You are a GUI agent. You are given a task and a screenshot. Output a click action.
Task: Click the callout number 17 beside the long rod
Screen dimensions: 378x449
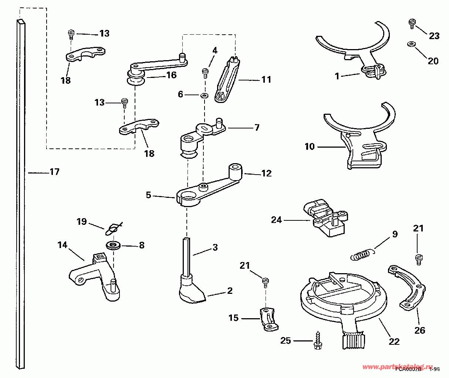[54, 172]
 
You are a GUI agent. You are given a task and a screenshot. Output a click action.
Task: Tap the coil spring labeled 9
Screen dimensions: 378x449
[360, 255]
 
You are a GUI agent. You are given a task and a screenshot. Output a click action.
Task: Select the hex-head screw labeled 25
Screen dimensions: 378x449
[317, 340]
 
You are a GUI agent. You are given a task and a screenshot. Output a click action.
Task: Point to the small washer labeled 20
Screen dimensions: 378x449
[410, 44]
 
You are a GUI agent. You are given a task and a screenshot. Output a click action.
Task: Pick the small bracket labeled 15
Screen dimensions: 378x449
[269, 319]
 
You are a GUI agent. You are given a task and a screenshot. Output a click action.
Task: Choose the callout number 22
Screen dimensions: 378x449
[395, 341]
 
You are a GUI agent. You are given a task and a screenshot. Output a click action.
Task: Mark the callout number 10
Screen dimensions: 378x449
[309, 147]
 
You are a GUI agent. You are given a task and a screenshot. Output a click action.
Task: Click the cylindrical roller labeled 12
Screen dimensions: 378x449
[236, 171]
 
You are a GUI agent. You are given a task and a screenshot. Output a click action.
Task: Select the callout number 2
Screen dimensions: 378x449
[230, 291]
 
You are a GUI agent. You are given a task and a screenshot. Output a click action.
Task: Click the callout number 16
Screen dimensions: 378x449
[171, 75]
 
